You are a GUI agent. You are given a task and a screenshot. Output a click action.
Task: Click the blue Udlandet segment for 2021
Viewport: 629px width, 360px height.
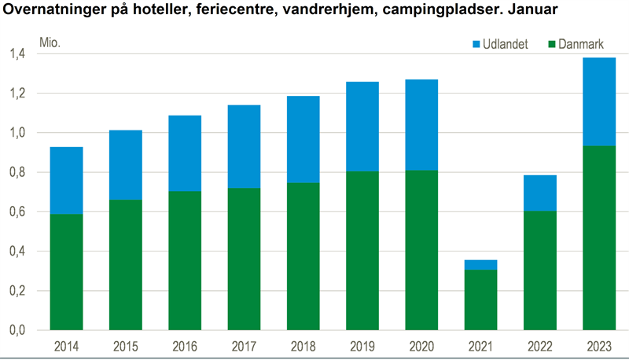(480, 265)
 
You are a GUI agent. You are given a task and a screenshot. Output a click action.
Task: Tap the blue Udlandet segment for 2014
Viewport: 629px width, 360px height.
(66, 180)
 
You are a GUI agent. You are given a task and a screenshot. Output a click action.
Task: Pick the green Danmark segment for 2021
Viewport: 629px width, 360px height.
(480, 299)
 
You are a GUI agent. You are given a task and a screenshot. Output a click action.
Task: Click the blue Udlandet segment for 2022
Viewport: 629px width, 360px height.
(540, 193)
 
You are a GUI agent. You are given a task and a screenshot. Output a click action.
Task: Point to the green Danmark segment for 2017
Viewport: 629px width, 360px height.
(244, 259)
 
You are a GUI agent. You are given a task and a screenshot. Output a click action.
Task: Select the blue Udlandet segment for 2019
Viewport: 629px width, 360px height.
(362, 127)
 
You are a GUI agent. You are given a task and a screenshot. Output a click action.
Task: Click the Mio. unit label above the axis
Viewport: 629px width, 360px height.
(50, 42)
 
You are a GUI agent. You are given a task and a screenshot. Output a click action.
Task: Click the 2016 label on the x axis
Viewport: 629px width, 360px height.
(185, 346)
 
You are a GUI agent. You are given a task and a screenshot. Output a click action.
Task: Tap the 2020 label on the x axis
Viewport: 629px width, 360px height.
(421, 346)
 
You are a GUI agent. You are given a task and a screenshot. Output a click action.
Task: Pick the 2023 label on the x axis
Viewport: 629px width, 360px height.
(599, 346)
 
